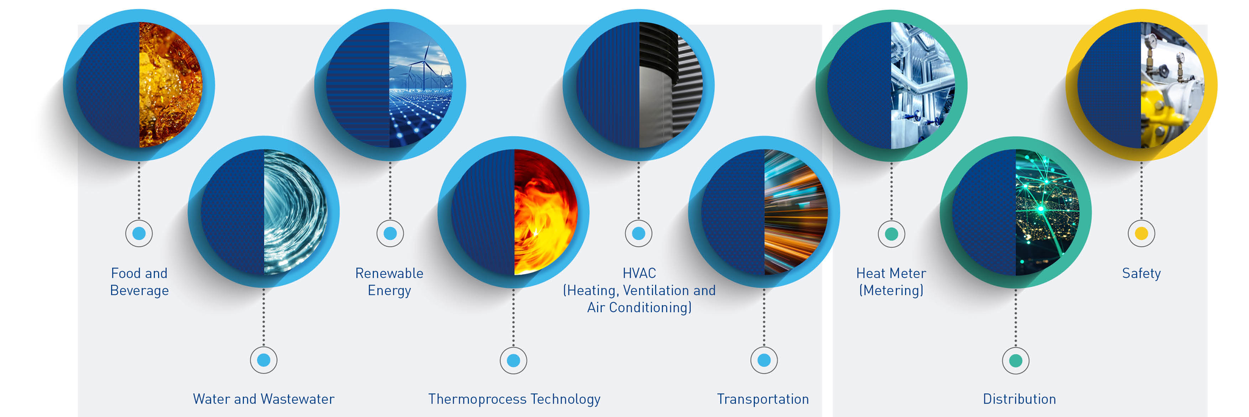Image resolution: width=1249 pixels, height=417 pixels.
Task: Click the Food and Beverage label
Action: click(x=139, y=281)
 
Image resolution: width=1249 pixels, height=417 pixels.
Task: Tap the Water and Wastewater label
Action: click(x=263, y=399)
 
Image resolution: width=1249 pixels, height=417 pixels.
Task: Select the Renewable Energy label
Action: click(x=389, y=281)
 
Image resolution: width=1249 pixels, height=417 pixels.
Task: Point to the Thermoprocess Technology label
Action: click(x=514, y=399)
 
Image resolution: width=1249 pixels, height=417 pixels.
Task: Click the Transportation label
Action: click(x=763, y=399)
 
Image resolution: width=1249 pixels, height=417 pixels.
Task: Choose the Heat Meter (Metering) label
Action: click(x=891, y=281)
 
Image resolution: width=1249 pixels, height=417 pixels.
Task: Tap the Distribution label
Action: click(x=1019, y=399)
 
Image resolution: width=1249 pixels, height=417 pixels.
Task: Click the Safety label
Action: click(x=1141, y=274)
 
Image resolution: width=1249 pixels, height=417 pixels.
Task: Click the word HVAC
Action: click(x=639, y=273)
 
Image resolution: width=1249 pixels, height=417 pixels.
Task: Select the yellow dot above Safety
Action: click(x=1141, y=233)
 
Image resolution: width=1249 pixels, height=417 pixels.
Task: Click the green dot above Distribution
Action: click(x=1015, y=360)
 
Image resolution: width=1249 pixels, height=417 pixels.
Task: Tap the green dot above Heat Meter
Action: click(x=891, y=233)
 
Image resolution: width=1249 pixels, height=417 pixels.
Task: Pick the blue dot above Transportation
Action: click(x=764, y=360)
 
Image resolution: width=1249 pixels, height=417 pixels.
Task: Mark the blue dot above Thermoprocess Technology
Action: click(x=514, y=360)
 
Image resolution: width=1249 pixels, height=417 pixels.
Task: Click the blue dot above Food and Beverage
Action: click(x=139, y=233)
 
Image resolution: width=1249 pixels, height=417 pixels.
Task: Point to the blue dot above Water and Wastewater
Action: click(x=263, y=360)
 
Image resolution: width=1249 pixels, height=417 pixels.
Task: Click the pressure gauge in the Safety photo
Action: click(x=1151, y=42)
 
